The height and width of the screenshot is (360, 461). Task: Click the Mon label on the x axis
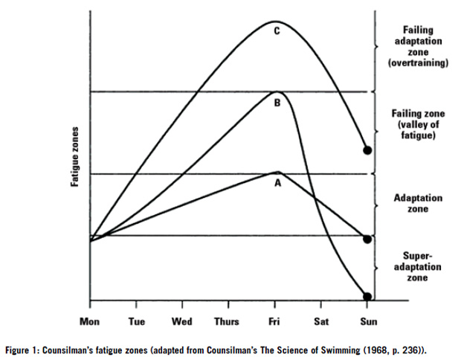(x=91, y=321)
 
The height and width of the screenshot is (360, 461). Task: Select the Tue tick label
(x=136, y=321)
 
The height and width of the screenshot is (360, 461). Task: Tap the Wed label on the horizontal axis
(x=182, y=321)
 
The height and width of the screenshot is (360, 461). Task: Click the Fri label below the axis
(x=274, y=321)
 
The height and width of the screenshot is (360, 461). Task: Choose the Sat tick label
(x=320, y=321)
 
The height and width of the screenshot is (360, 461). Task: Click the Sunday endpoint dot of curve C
(x=367, y=150)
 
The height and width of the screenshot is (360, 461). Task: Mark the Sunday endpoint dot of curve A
(x=367, y=240)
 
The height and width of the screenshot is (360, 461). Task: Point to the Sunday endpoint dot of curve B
(x=367, y=296)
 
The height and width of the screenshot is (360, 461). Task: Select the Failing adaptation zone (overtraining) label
(x=418, y=46)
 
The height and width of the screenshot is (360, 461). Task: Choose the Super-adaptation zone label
(x=417, y=266)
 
